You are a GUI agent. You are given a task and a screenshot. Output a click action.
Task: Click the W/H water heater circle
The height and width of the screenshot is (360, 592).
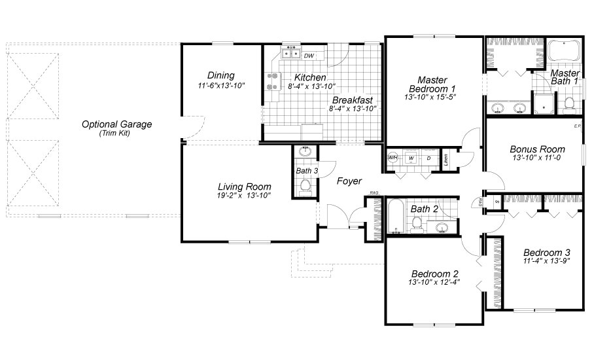tap(393, 158)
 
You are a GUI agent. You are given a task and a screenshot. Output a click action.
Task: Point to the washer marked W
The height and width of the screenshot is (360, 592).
tap(411, 158)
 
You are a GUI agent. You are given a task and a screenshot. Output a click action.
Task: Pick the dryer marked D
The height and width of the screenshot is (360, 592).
tap(428, 158)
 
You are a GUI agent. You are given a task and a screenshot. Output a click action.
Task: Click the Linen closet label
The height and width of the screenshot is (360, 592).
tap(445, 158)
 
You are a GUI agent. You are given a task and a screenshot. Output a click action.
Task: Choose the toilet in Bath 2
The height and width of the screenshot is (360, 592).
tap(416, 225)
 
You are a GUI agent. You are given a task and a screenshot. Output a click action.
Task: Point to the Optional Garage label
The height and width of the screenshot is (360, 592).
tap(116, 124)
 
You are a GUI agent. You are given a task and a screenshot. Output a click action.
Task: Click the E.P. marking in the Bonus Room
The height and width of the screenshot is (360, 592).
tap(577, 126)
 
